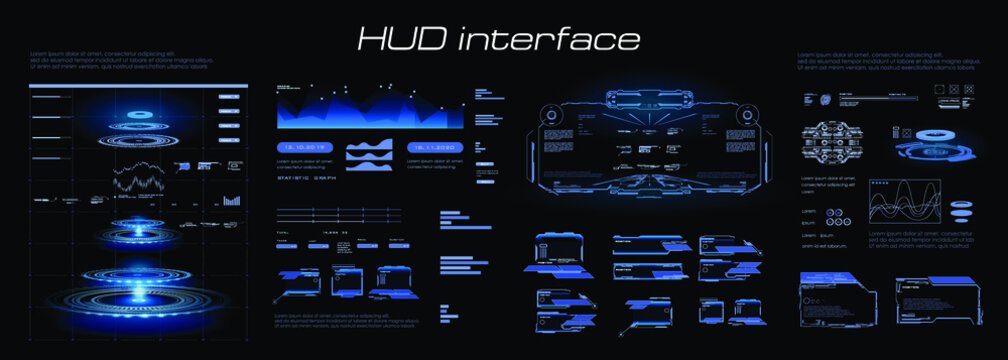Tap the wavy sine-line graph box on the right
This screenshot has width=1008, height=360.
(904, 200)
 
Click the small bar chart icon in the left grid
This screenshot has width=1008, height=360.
(232, 201)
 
